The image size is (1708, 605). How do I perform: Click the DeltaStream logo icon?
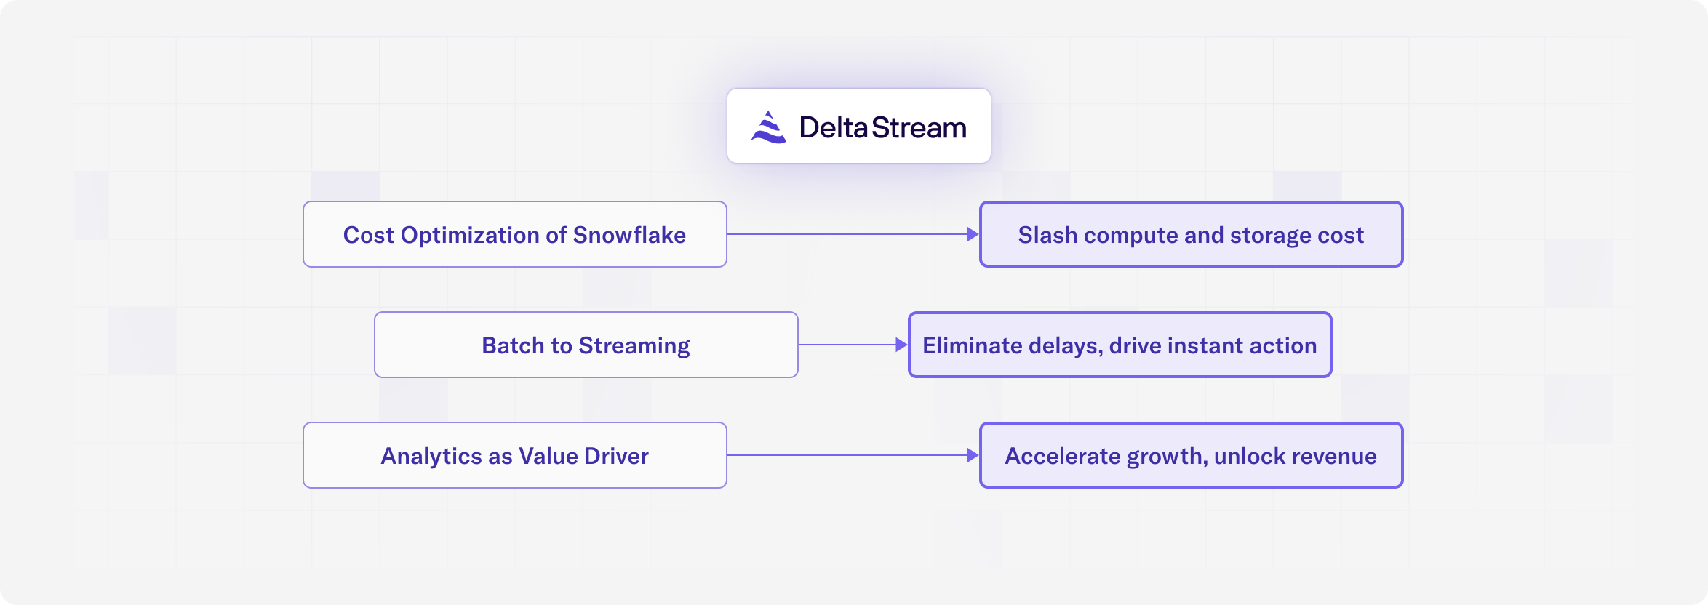(x=769, y=127)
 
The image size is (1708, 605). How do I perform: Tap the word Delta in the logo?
(x=834, y=127)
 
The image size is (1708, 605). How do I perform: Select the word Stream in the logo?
(x=919, y=127)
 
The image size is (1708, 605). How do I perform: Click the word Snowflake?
(x=629, y=235)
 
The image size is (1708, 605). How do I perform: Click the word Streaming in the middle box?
(x=634, y=346)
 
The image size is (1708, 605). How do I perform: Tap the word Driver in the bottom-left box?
(x=616, y=456)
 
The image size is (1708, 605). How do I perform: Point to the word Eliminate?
(x=972, y=345)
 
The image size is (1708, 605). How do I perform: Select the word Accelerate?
(x=1063, y=456)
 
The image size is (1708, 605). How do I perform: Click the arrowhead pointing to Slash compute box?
(x=973, y=234)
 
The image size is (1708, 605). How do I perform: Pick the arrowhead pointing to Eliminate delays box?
(x=901, y=345)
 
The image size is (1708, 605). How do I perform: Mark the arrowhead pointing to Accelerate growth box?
(x=973, y=455)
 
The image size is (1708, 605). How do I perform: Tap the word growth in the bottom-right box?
(x=1168, y=457)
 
